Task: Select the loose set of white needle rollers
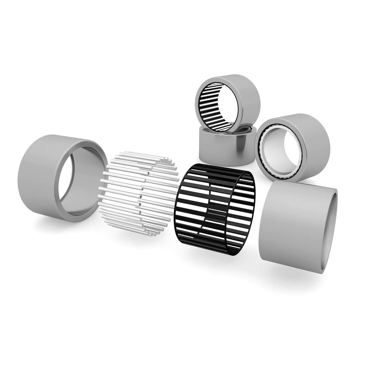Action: pyautogui.click(x=138, y=192)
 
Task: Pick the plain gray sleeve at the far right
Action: pyautogui.click(x=295, y=225)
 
